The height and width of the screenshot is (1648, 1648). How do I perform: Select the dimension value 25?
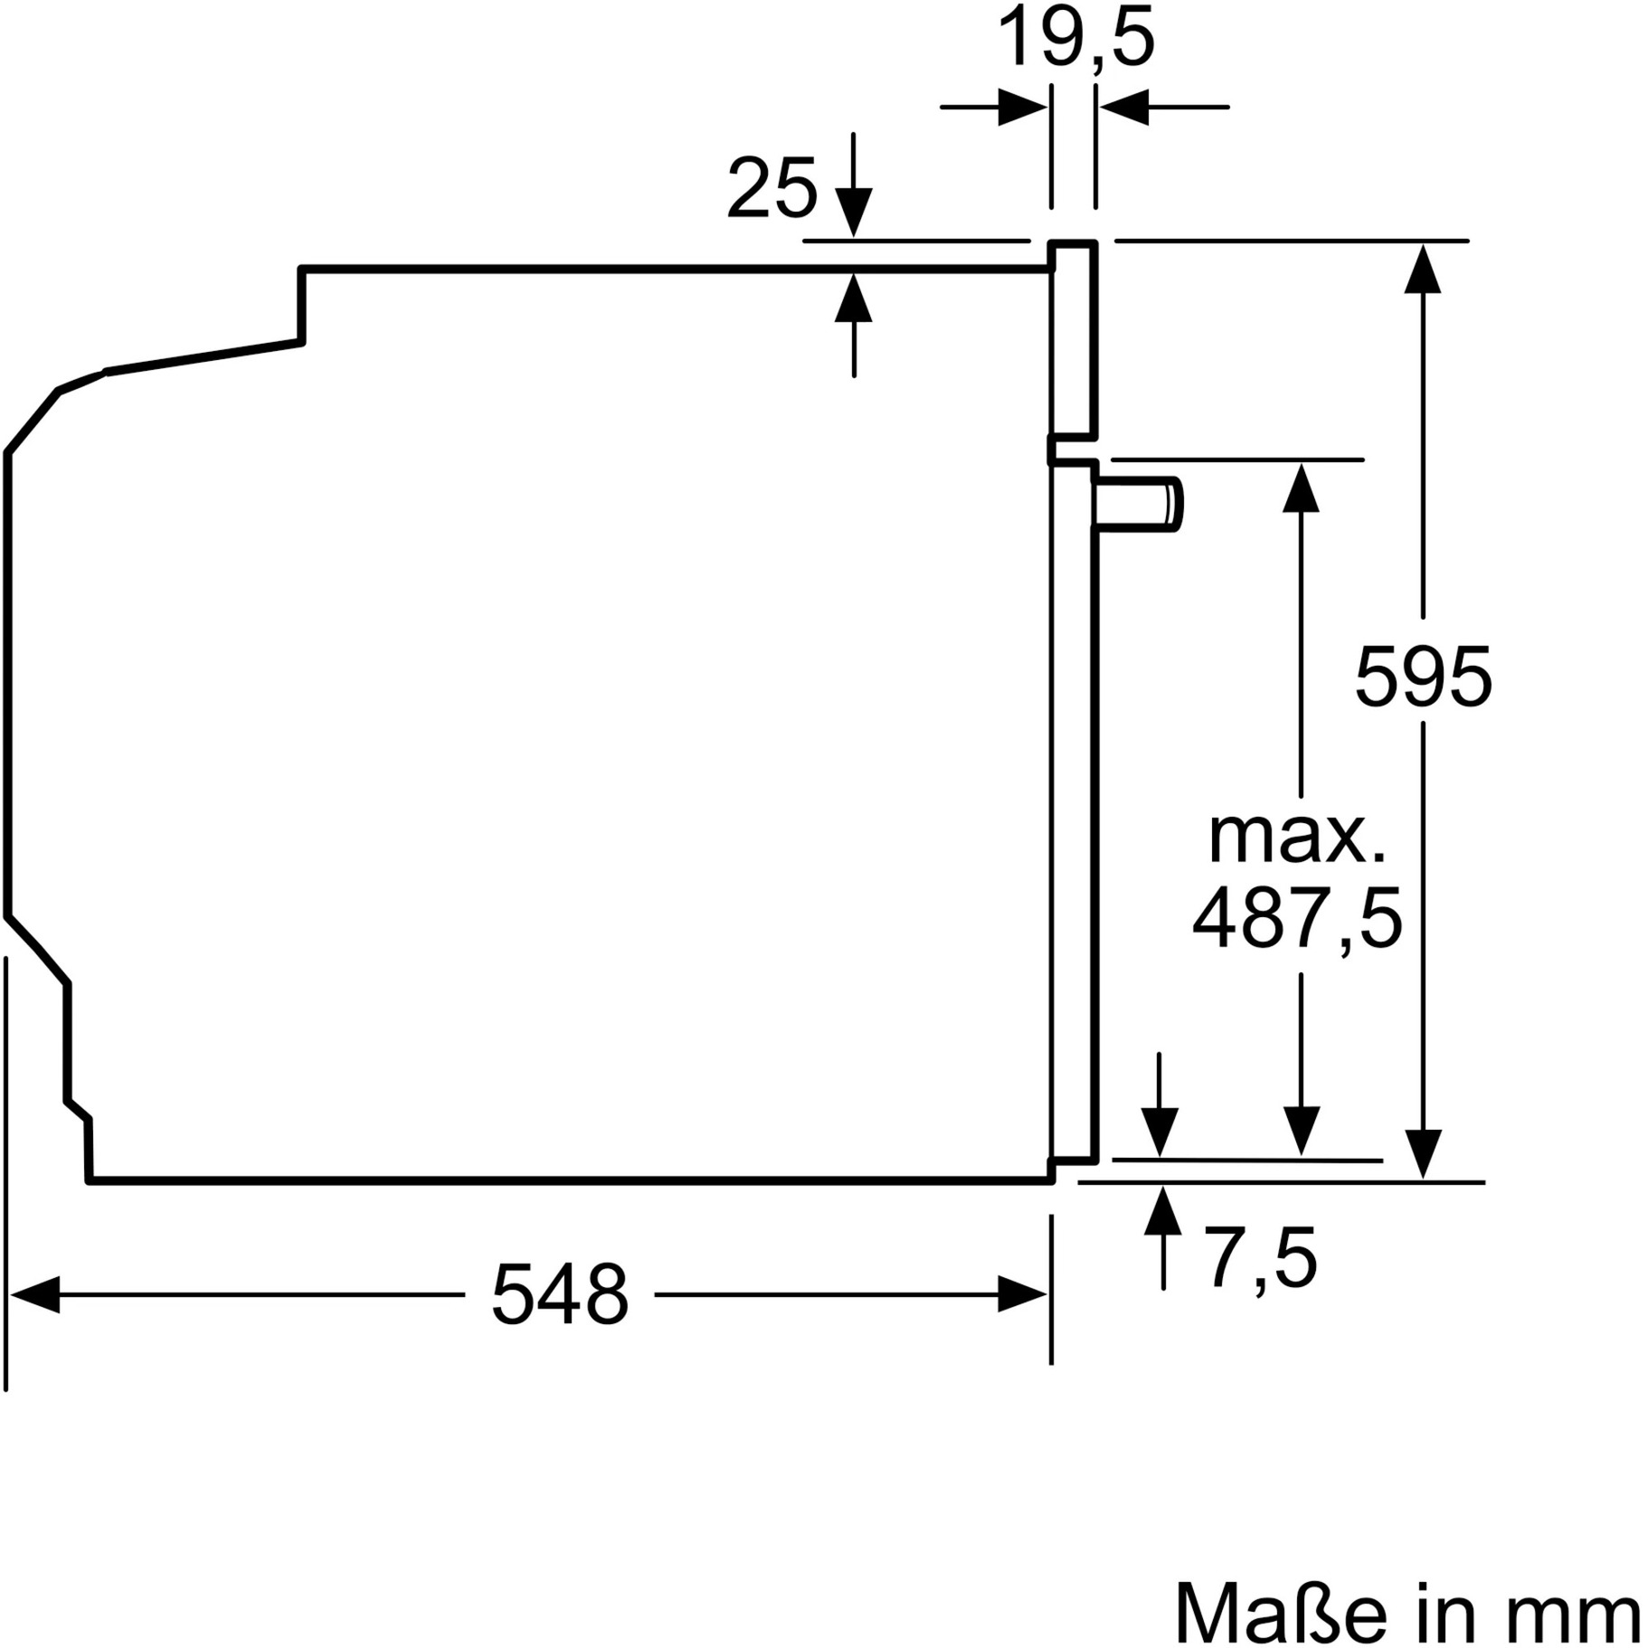coord(771,189)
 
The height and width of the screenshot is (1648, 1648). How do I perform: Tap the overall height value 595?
coord(1423,677)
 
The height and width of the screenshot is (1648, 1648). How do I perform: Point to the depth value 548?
coord(559,1295)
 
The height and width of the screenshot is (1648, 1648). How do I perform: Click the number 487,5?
coord(1297,918)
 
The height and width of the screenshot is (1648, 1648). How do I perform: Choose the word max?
coord(1297,838)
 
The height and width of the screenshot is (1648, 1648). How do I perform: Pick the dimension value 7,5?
coord(1260,1258)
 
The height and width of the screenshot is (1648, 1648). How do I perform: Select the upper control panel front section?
coord(1074,339)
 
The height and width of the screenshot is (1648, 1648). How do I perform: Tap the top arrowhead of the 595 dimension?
coord(1423,268)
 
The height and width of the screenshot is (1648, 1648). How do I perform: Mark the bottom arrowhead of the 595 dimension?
coord(1423,1154)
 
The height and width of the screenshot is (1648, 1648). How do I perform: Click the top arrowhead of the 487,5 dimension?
coord(1301,488)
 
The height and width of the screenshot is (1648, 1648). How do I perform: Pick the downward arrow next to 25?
coord(854,213)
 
